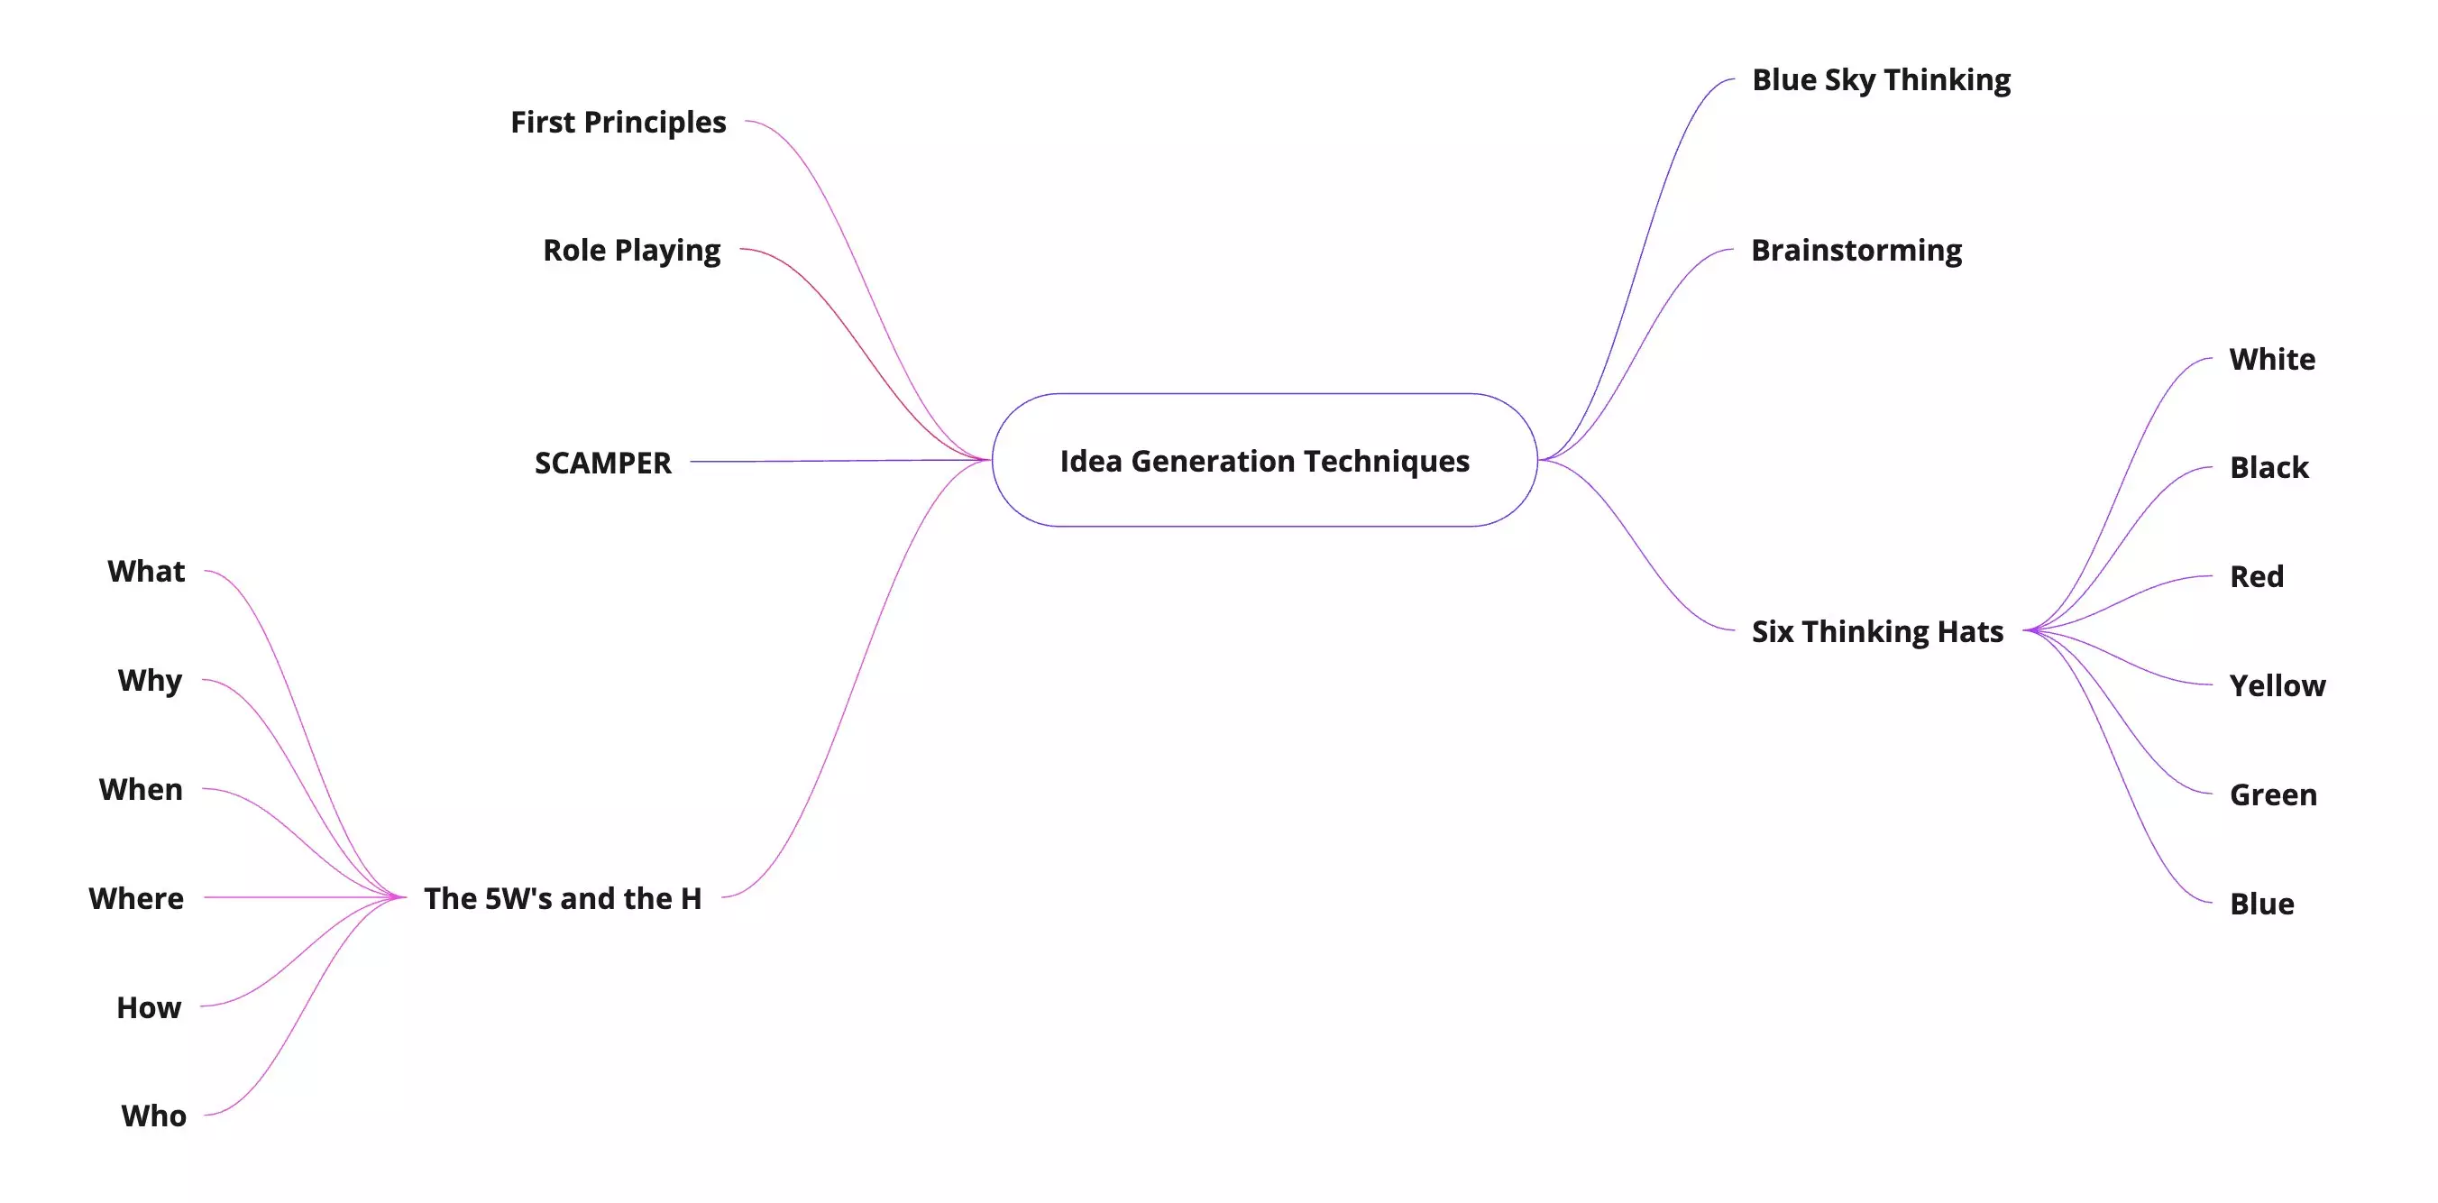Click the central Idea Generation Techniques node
click(1264, 460)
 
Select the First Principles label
click(618, 122)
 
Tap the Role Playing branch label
click(631, 250)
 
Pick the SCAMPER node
click(603, 463)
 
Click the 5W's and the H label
click(563, 898)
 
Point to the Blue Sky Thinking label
click(1881, 79)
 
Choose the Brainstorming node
click(1856, 250)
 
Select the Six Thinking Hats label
click(1877, 631)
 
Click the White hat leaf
click(2271, 360)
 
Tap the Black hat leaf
click(2268, 467)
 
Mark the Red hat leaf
click(2256, 576)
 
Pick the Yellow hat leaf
click(2277, 685)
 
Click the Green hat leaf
click(2272, 795)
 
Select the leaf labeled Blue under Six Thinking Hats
click(2261, 904)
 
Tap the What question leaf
click(146, 572)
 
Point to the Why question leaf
click(150, 681)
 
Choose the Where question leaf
click(136, 898)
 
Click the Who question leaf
click(153, 1116)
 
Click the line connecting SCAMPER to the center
click(833, 461)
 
